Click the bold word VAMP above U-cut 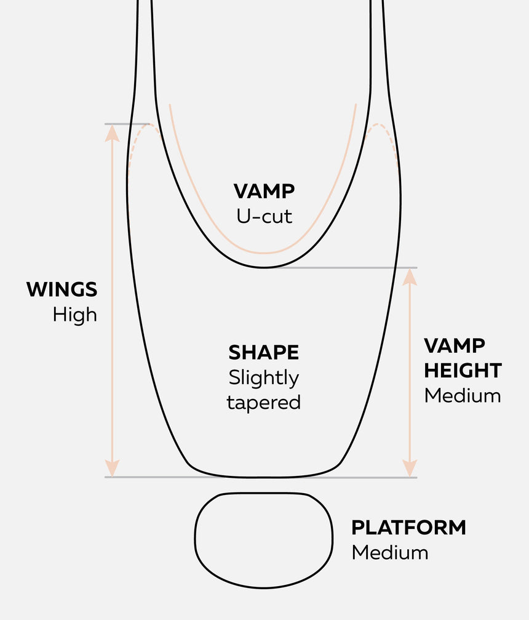(x=264, y=191)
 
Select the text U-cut (x=264, y=215)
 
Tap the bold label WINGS (x=62, y=289)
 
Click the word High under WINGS (x=74, y=315)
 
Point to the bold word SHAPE (x=264, y=353)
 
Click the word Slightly (x=264, y=377)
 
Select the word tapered (x=264, y=403)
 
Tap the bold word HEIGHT (x=463, y=371)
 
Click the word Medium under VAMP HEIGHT (x=463, y=395)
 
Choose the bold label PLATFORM (x=408, y=528)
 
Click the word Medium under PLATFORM (x=389, y=552)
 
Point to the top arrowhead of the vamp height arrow (x=410, y=277)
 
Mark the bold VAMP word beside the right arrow (x=454, y=345)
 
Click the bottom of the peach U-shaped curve (x=264, y=253)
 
